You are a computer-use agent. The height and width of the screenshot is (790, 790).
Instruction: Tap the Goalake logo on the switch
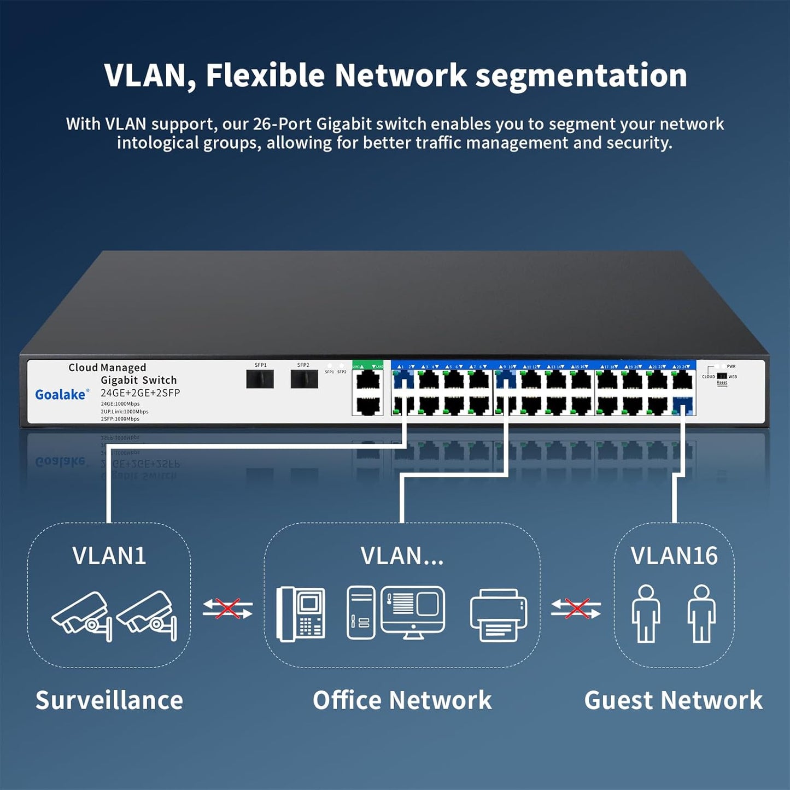[x=61, y=394]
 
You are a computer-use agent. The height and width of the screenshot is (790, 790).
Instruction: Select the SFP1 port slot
[x=260, y=379]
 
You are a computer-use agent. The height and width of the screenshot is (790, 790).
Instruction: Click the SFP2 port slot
[x=304, y=379]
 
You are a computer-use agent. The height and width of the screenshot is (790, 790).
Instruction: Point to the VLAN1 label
[x=109, y=555]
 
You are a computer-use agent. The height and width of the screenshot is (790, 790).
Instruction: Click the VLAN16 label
[x=674, y=555]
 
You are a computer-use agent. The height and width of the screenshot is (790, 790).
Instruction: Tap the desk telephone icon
[x=301, y=613]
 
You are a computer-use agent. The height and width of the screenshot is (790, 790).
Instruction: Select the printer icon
[x=499, y=615]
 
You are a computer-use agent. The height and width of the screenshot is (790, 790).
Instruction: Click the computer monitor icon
[x=413, y=611]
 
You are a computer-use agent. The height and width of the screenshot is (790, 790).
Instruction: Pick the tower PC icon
[x=361, y=612]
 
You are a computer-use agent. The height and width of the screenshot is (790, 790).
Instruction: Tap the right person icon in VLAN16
[x=701, y=613]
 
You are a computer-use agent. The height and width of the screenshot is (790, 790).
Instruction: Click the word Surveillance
[x=109, y=700]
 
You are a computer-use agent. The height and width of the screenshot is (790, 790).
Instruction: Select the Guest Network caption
[x=673, y=700]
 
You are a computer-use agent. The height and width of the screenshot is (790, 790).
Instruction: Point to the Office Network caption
[x=402, y=700]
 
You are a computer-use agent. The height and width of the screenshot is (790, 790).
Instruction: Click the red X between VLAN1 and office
[x=227, y=608]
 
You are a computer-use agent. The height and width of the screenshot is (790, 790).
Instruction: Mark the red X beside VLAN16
[x=576, y=608]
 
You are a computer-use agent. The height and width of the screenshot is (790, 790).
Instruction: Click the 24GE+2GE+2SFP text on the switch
[x=140, y=393]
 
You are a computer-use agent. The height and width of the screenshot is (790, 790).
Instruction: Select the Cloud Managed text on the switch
[x=107, y=367]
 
